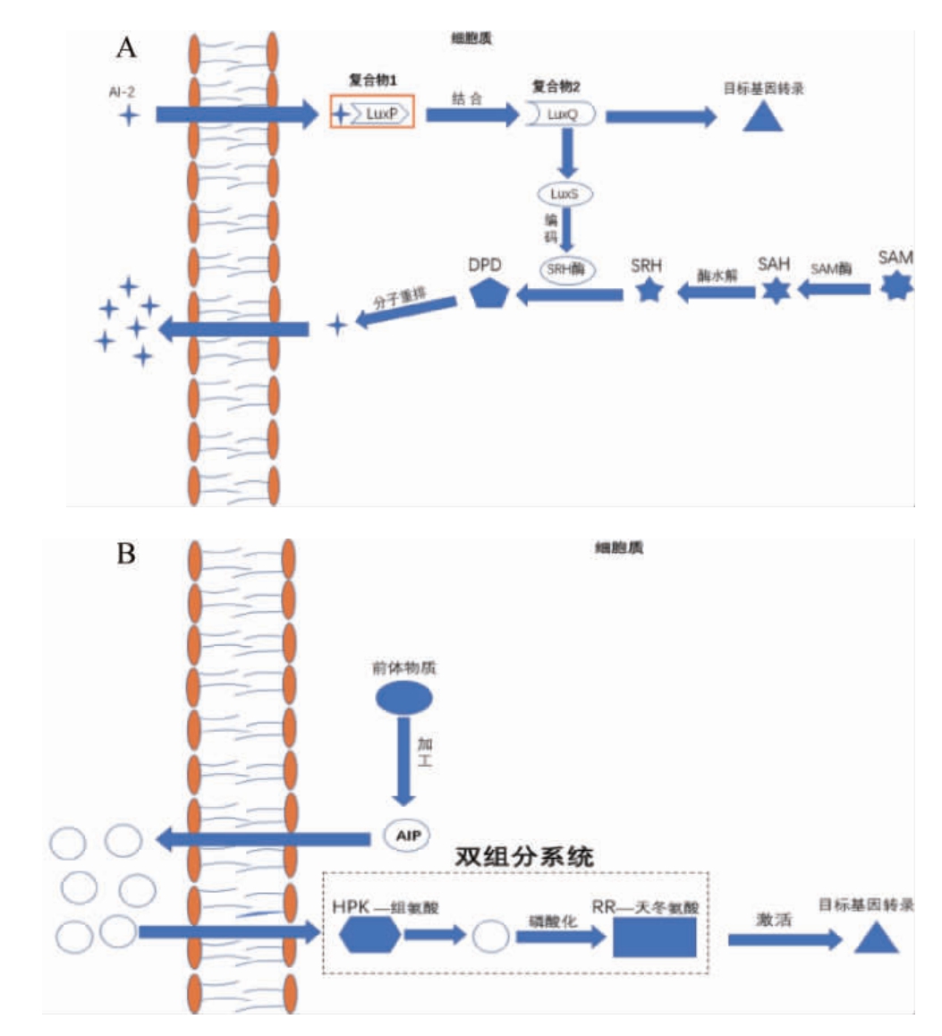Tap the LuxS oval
[x=564, y=194]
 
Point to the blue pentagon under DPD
[x=488, y=293]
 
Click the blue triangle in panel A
[x=763, y=115]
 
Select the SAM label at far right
[x=895, y=258]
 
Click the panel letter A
[x=127, y=48]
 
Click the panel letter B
[x=126, y=554]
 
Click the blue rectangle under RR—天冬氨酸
[x=654, y=937]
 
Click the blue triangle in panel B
[x=876, y=936]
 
